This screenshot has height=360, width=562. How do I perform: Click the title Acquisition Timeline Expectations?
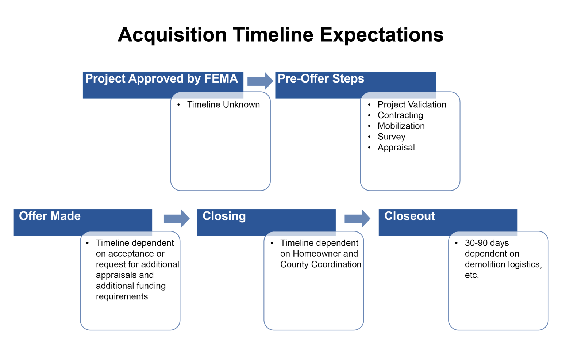[280, 35]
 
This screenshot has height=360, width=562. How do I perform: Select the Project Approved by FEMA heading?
[161, 79]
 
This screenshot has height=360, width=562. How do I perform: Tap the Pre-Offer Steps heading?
[321, 79]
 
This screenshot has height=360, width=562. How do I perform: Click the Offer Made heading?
[50, 216]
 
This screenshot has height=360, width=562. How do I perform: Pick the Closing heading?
[224, 216]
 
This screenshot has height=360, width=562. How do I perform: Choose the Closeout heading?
[409, 216]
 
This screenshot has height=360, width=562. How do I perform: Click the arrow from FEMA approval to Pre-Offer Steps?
[260, 81]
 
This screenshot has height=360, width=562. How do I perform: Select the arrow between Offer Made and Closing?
[177, 219]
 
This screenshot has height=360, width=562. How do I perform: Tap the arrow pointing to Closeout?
[357, 219]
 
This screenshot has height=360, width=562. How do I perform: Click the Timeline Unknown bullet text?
[223, 105]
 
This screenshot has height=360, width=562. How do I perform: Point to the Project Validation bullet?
[412, 105]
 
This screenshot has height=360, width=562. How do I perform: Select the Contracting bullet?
[400, 115]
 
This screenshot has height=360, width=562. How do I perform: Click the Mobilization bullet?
[401, 126]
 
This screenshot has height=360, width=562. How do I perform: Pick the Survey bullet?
[391, 137]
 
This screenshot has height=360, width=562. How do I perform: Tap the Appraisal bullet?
[396, 148]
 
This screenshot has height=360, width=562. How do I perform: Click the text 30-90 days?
[486, 243]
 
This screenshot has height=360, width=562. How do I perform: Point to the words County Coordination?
[320, 264]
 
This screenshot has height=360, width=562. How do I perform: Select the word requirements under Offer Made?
[122, 297]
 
